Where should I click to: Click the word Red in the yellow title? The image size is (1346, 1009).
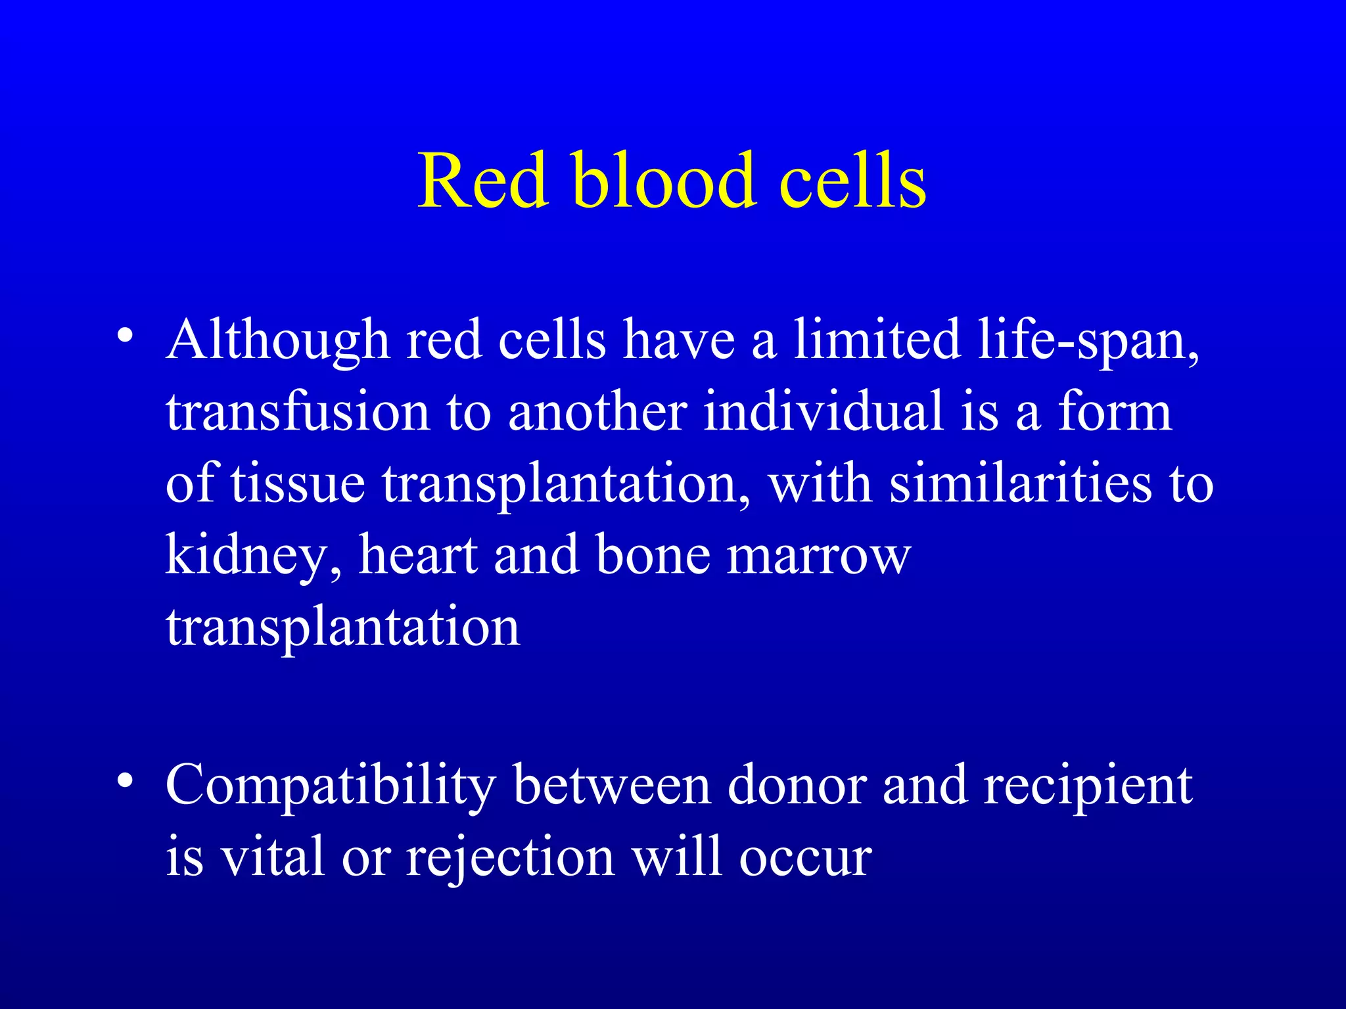pos(483,181)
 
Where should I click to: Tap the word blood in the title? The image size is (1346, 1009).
pos(664,181)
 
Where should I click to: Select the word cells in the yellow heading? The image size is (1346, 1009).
pos(852,181)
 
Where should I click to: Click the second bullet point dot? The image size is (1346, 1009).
pos(124,781)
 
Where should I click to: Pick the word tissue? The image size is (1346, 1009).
pos(298,485)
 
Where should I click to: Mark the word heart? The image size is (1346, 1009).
pos(418,556)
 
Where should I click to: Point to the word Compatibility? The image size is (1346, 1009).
pos(331,786)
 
